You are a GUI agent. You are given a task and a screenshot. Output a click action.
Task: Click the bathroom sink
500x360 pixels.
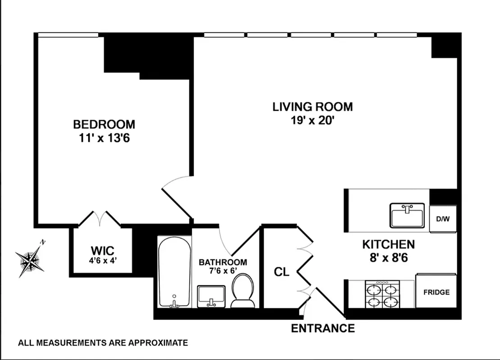coord(211,296)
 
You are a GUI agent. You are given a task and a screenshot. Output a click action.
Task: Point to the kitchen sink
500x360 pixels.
coord(408,216)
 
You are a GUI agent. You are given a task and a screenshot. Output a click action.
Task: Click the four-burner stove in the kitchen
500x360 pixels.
coord(382,294)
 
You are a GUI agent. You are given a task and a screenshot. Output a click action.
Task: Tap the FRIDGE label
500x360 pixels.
coord(436,292)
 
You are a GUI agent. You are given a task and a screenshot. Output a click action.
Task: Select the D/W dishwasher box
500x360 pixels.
coord(443,219)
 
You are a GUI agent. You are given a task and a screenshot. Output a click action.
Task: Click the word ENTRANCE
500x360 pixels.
coord(323,328)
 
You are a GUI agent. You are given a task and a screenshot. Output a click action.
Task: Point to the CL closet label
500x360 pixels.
coord(282,272)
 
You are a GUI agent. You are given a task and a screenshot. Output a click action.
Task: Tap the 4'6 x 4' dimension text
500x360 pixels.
coord(101,260)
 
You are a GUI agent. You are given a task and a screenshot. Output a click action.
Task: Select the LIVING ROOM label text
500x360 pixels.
coord(312,107)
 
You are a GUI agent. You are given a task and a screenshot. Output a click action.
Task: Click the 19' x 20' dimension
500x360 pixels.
coord(312,120)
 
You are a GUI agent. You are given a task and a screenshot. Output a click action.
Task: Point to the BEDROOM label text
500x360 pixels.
coord(104,124)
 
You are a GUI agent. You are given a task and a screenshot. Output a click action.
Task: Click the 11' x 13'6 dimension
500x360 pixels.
coord(104,137)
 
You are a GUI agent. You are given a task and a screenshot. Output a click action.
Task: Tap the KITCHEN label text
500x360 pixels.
coord(388,244)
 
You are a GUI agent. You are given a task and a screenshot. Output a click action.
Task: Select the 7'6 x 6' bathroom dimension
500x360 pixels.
coord(223,271)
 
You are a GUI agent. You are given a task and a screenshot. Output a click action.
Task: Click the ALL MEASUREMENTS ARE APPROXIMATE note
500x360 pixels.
coord(103,343)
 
